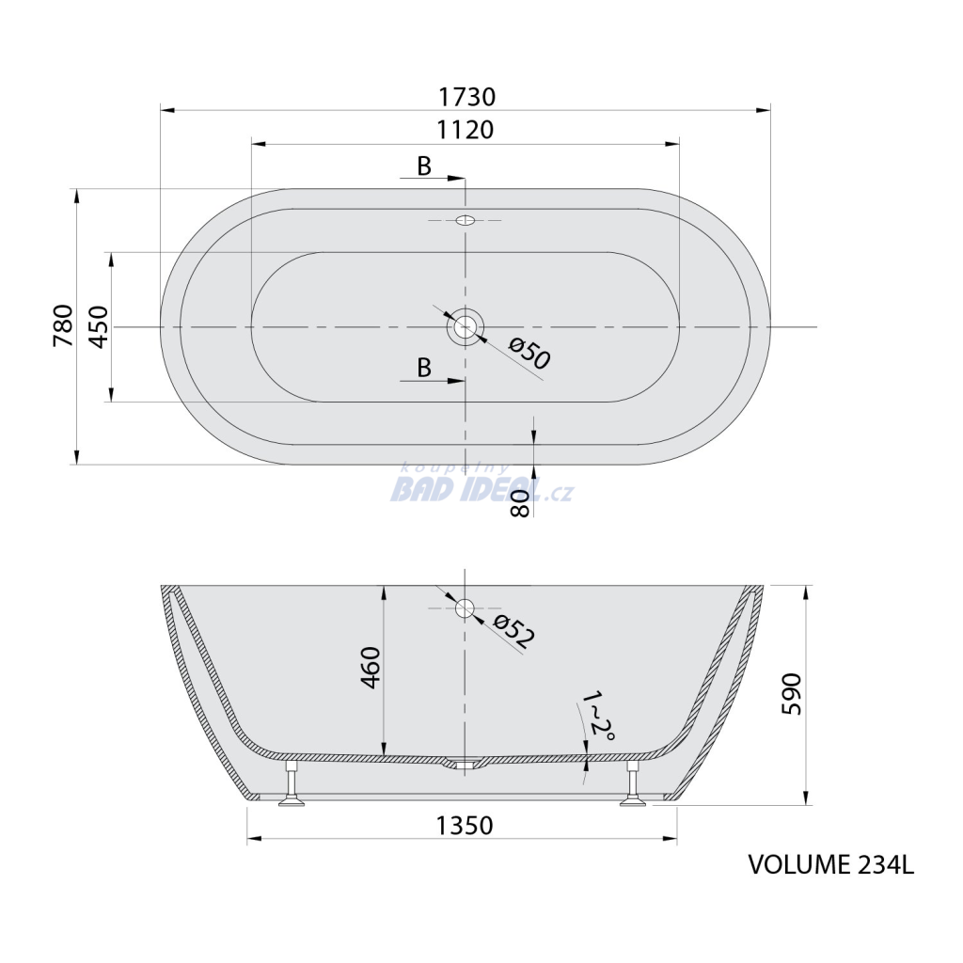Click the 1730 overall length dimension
(x=466, y=97)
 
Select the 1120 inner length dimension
(x=465, y=130)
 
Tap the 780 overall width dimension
(x=63, y=324)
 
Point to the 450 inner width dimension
(x=99, y=326)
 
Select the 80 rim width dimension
(x=519, y=503)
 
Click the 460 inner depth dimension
(x=371, y=667)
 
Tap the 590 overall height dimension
(x=792, y=694)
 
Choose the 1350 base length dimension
(x=465, y=826)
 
